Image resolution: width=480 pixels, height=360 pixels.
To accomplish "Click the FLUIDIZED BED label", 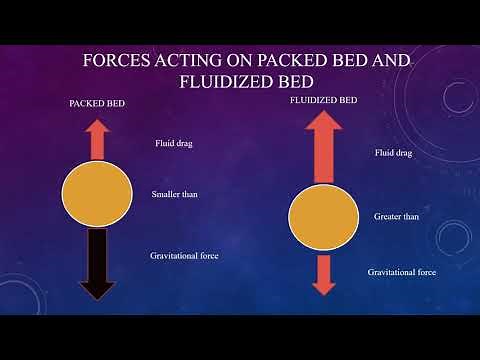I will (323, 101).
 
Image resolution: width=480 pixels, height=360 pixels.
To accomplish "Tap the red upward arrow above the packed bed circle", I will (97, 140).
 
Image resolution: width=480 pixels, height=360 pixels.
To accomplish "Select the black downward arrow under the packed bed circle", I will (98, 262).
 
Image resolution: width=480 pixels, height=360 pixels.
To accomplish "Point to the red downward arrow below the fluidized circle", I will (323, 272).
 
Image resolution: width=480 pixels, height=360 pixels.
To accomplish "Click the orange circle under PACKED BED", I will (97, 195).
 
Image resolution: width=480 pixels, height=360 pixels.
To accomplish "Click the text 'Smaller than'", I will (174, 194).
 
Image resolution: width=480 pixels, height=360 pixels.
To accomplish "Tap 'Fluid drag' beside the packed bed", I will (173, 144).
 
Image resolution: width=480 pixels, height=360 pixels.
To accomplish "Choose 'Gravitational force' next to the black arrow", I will (184, 256).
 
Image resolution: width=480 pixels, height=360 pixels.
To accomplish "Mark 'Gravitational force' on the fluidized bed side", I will (402, 272).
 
